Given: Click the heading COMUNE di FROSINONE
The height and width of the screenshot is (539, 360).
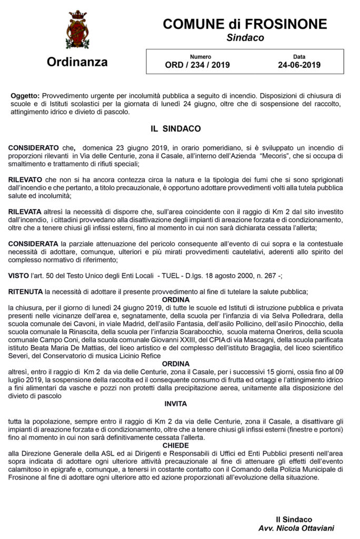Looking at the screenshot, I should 245,24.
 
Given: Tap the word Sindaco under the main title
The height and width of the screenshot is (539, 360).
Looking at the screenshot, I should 245,38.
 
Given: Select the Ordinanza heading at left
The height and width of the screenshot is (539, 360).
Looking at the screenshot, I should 77,62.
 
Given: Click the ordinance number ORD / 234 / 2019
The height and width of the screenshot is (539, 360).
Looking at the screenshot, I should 197,66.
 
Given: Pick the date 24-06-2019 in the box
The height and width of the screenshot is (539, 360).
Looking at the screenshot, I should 299,66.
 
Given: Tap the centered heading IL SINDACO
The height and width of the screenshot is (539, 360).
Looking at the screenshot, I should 175,128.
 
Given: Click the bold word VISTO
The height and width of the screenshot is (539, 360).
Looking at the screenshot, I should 22,275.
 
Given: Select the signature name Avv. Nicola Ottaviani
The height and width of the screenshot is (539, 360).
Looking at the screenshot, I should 297,528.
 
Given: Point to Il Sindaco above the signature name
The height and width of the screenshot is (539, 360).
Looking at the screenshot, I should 297,519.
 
